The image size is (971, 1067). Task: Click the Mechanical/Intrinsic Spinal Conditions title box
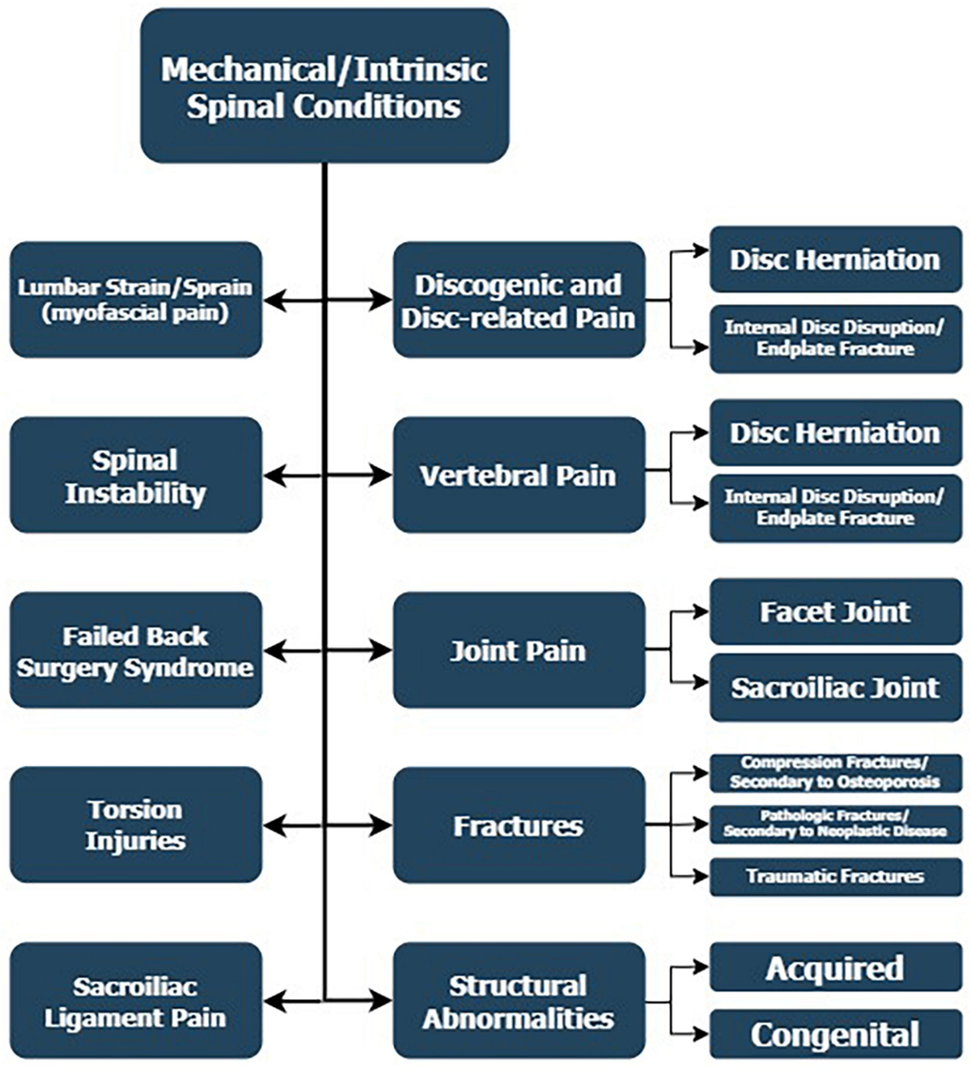(324, 86)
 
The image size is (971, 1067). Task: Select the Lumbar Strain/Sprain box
(135, 300)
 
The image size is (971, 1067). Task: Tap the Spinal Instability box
(135, 475)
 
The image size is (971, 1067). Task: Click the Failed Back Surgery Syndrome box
(135, 650)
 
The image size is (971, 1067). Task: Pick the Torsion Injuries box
(135, 825)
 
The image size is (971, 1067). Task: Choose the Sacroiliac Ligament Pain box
(135, 1001)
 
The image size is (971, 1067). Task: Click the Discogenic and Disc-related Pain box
(519, 300)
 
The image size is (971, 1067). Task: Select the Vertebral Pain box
(519, 475)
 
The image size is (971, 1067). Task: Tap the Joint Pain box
(519, 650)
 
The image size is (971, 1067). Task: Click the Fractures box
(519, 825)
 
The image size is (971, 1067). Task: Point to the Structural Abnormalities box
(519, 1001)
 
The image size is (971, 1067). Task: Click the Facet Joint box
(835, 611)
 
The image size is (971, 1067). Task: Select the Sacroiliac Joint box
(835, 688)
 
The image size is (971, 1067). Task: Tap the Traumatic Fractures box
(835, 877)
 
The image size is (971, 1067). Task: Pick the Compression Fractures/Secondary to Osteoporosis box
(835, 772)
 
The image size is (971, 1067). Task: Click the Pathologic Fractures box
(835, 824)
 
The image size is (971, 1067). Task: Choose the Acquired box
(835, 967)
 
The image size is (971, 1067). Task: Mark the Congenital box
(835, 1034)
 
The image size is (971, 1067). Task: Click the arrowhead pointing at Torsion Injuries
(272, 826)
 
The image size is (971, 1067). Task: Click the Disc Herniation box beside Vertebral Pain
(835, 432)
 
